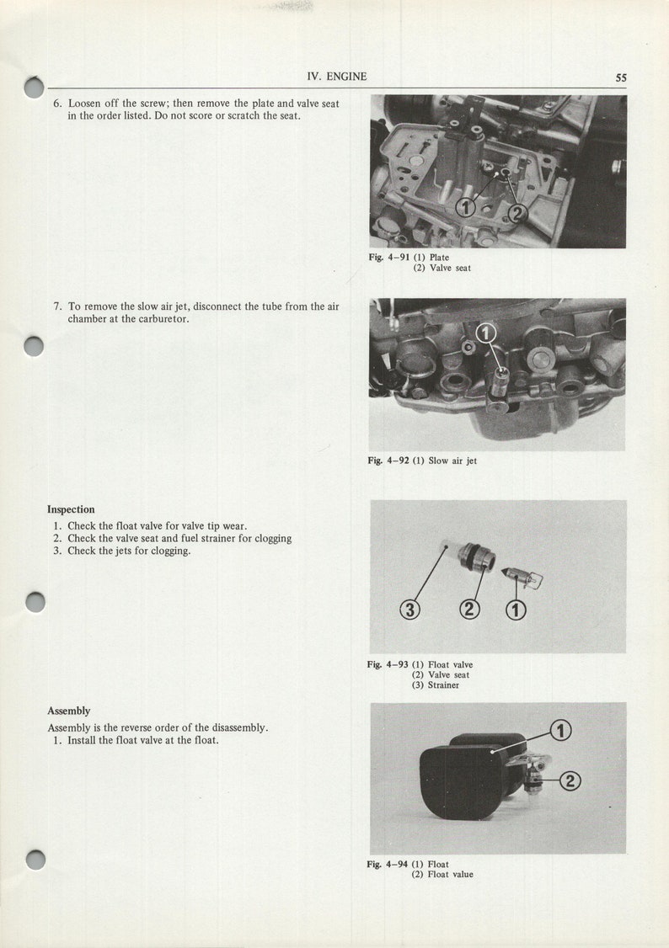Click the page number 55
coord(620,77)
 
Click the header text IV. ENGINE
coord(337,77)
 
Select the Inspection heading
coord(71,509)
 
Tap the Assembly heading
coord(68,711)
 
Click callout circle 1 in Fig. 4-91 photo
coord(464,207)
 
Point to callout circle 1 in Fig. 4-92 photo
coord(486,333)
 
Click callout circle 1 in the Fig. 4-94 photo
coord(561,731)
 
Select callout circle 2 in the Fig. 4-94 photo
coord(570,781)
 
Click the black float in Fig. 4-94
coord(463,779)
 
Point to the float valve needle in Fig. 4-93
coord(520,576)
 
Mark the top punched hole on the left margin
coord(34,87)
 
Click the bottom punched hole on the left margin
coord(35,860)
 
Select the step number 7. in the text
coord(58,307)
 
